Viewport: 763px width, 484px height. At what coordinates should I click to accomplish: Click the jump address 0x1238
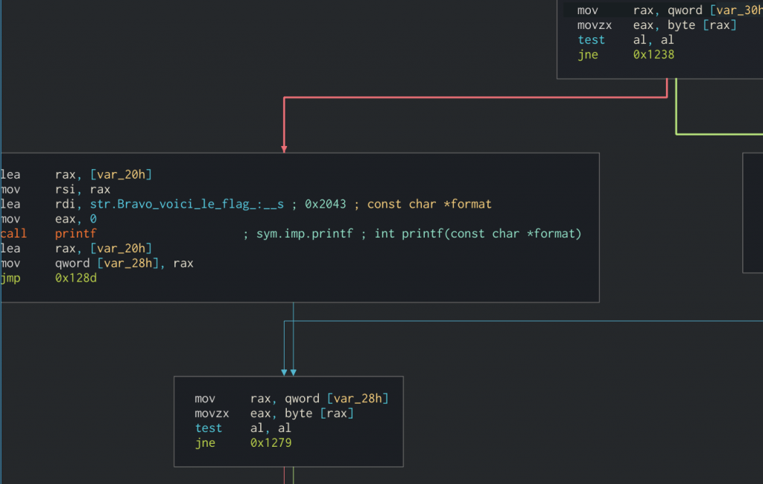[x=653, y=54]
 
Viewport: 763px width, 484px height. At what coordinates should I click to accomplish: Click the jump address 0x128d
[x=76, y=278]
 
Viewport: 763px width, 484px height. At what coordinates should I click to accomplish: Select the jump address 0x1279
[x=271, y=442]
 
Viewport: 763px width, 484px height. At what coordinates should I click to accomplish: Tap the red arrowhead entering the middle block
[x=284, y=149]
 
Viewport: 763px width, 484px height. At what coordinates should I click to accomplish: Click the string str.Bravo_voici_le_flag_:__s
[x=187, y=204]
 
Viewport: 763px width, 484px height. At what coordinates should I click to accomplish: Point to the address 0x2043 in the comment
[x=326, y=204]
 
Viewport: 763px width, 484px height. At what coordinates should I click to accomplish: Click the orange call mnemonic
[x=13, y=234]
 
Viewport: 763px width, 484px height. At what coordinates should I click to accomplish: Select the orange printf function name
[x=76, y=234]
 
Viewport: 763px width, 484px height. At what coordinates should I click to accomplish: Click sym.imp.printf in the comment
[x=305, y=234]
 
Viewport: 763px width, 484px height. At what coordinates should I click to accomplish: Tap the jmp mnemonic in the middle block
[x=10, y=278]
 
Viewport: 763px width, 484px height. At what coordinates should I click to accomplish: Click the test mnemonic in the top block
[x=591, y=40]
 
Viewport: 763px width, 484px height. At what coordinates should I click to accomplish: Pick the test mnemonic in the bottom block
[x=209, y=428]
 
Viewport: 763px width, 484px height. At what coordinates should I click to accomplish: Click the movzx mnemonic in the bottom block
[x=212, y=413]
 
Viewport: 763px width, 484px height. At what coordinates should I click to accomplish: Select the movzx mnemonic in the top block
[x=595, y=25]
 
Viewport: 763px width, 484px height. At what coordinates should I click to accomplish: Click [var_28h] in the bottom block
[x=358, y=398]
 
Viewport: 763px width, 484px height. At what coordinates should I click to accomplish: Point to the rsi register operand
[x=66, y=189]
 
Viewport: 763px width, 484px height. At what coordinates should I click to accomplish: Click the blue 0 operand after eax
[x=93, y=219]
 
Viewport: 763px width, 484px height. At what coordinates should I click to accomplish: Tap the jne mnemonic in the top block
[x=588, y=55]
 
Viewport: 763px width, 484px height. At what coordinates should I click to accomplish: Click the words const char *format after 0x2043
[x=429, y=204]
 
